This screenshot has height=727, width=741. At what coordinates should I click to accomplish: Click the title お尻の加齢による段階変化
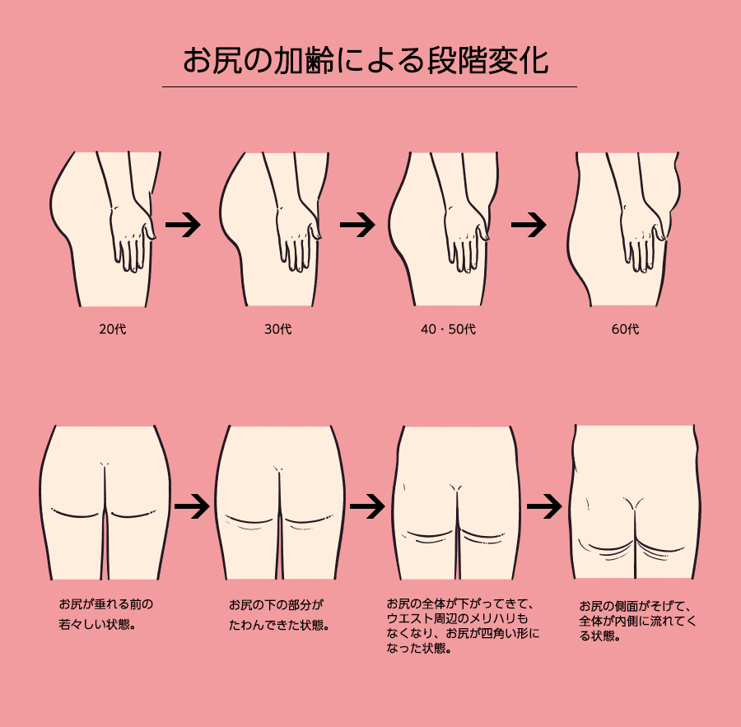[366, 60]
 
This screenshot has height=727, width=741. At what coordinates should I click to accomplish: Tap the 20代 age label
[113, 329]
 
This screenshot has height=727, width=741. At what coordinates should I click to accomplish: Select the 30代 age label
[278, 329]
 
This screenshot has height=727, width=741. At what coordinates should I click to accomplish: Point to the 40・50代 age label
[448, 329]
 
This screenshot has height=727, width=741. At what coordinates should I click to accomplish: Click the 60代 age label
[625, 329]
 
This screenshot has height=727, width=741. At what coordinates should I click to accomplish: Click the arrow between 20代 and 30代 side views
[183, 225]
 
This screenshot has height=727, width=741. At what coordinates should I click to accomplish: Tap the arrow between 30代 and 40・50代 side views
[358, 225]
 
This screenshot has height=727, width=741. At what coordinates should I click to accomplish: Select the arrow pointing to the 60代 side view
[529, 225]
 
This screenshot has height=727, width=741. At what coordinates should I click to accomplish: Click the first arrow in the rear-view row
[192, 506]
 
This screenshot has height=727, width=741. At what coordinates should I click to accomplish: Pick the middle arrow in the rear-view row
[368, 506]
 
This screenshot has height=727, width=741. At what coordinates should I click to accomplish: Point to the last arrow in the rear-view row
[544, 506]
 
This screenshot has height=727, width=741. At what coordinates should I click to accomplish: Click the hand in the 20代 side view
[133, 236]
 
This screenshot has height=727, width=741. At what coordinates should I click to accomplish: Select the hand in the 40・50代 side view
[467, 237]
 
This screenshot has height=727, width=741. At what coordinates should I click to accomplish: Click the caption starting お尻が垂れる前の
[106, 614]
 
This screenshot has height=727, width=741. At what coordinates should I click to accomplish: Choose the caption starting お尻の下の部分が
[279, 615]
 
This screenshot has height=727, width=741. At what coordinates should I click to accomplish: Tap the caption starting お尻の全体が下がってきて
[463, 626]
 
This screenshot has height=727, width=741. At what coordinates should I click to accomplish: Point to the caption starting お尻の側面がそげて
[638, 621]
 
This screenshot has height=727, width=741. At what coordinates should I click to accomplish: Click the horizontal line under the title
[370, 87]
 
